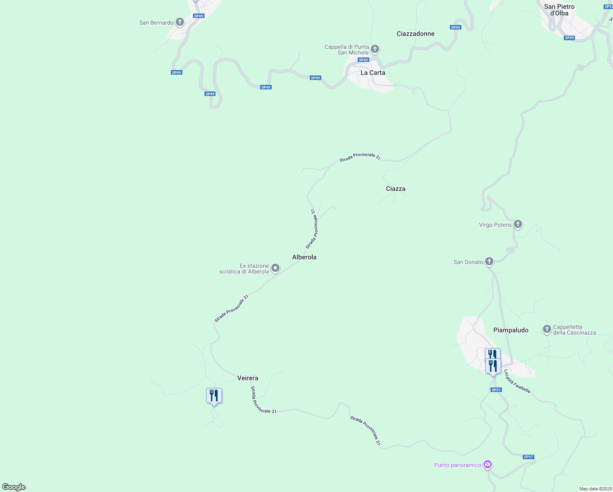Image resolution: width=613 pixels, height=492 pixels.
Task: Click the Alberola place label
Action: click(x=304, y=257)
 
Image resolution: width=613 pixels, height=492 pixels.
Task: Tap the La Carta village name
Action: click(x=372, y=73)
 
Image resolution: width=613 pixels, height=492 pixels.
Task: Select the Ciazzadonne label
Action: click(x=415, y=34)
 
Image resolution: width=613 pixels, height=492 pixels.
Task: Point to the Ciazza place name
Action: click(x=395, y=189)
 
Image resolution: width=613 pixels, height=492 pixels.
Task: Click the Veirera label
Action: click(x=247, y=378)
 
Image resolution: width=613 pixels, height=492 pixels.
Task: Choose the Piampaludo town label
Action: click(x=511, y=330)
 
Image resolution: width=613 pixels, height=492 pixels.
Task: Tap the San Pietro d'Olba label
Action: click(x=559, y=10)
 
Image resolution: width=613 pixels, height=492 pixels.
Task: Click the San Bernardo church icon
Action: click(x=179, y=22)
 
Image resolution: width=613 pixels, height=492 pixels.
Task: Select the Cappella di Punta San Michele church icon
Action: click(x=375, y=50)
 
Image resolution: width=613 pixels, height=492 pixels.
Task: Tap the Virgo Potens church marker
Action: click(x=518, y=224)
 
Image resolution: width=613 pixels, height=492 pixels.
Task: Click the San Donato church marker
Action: click(x=489, y=262)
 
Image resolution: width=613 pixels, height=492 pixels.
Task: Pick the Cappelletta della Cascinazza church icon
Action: click(x=547, y=329)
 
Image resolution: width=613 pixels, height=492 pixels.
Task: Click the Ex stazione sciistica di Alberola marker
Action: click(x=275, y=268)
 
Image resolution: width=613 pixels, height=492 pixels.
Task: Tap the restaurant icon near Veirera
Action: click(x=214, y=396)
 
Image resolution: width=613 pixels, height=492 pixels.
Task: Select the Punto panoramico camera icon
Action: click(x=487, y=465)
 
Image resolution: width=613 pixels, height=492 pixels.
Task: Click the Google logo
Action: click(x=14, y=487)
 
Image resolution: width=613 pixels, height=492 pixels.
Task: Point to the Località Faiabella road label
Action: click(x=517, y=381)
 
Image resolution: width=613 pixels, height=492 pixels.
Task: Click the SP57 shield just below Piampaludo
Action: click(x=496, y=390)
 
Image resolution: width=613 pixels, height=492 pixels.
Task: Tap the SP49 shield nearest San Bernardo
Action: click(x=198, y=16)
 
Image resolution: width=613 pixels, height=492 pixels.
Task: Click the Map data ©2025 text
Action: click(x=595, y=489)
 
